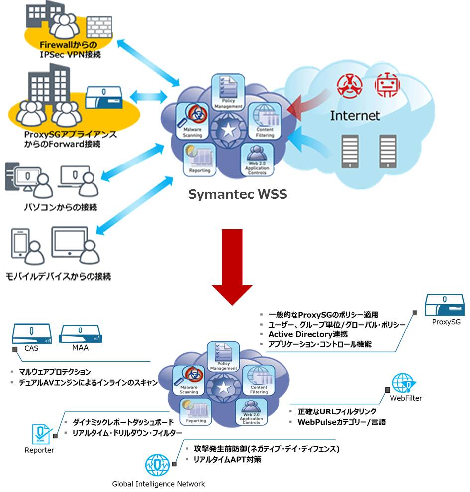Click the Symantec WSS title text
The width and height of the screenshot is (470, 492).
tap(238, 194)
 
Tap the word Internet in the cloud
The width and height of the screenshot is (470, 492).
tap(355, 116)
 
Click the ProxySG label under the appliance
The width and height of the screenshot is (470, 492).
tap(446, 322)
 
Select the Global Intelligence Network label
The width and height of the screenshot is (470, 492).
tap(158, 483)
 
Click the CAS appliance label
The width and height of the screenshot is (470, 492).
tap(31, 348)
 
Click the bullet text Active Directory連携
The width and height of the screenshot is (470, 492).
tap(308, 334)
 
